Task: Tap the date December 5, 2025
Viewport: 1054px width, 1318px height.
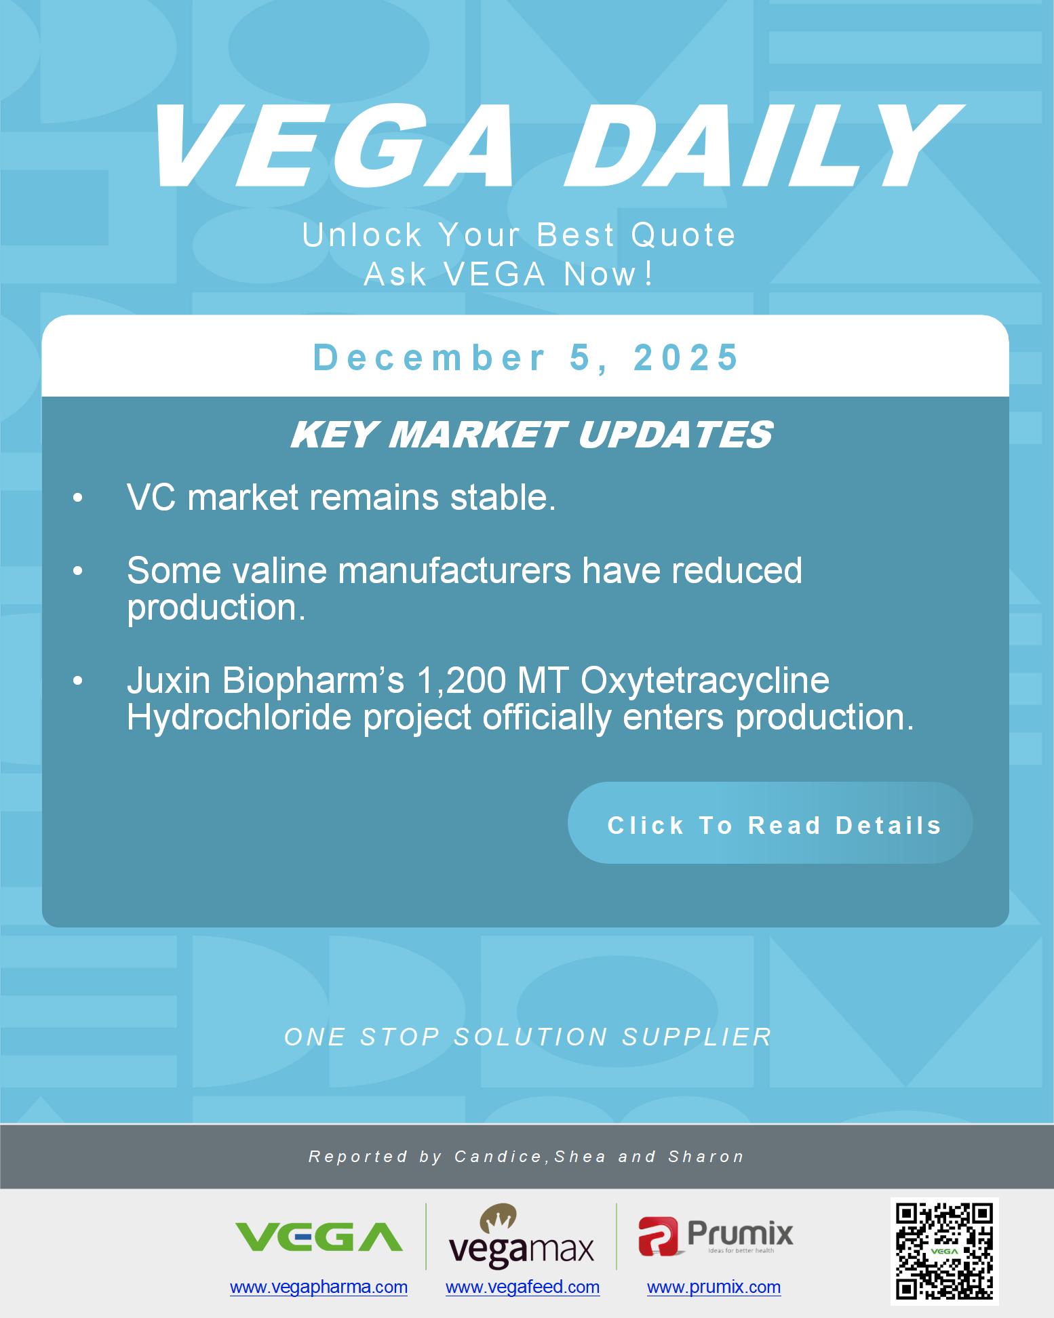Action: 526,357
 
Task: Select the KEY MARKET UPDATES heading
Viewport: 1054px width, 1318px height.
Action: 531,435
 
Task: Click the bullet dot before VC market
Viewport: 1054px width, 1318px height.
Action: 78,499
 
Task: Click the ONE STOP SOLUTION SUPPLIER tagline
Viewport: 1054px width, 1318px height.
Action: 528,1037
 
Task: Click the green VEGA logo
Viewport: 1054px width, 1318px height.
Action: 319,1236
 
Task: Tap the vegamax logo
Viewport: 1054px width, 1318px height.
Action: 521,1237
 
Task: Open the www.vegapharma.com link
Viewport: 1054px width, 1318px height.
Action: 319,1287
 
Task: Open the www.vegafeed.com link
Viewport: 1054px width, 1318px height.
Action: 522,1287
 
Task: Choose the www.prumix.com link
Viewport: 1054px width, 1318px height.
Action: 714,1287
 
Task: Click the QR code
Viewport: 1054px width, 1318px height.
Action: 944,1250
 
